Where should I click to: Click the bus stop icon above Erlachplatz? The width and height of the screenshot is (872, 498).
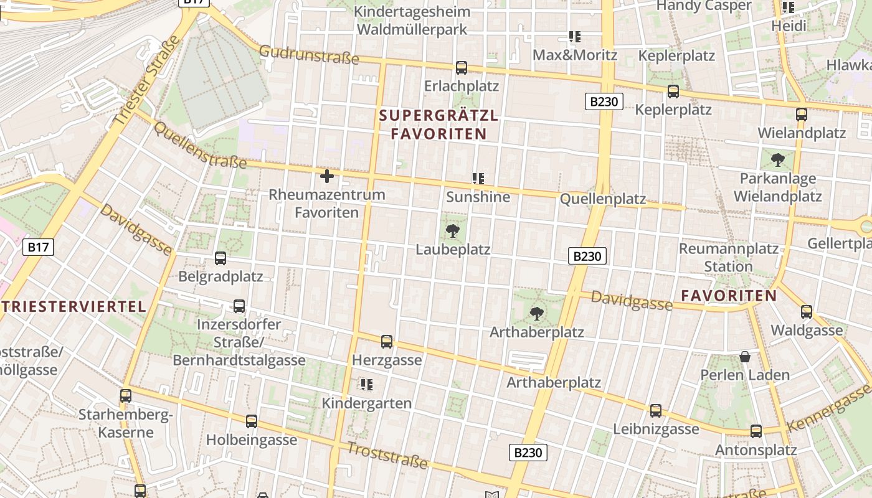coord(462,68)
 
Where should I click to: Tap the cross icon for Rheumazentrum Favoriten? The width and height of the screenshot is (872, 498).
coord(326,176)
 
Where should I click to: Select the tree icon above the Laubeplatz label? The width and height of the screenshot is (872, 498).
coord(453,232)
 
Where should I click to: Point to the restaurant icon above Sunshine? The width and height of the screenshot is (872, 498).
coord(478,179)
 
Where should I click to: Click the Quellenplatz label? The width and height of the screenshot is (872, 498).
coord(602,199)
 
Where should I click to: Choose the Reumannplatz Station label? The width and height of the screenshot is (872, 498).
coord(728,258)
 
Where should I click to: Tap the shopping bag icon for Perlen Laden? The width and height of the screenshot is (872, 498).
coord(744,357)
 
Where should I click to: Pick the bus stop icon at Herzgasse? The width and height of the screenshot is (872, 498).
coord(387,341)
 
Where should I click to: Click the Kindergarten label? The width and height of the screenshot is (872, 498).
coord(366,403)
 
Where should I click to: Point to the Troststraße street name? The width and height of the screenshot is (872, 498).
coord(387,456)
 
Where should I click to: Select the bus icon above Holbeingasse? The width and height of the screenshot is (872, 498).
coord(252,421)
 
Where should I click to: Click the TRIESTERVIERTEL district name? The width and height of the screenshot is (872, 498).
coord(73,306)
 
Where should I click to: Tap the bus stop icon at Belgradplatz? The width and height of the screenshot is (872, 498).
coord(220,258)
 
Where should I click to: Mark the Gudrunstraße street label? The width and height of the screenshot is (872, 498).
coord(309,55)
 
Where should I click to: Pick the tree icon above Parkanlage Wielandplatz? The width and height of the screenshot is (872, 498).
coord(777,160)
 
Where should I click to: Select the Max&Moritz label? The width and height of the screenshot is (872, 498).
coord(574,55)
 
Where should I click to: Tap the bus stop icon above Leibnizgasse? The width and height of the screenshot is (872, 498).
coord(656,411)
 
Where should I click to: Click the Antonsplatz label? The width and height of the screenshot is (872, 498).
coord(756,450)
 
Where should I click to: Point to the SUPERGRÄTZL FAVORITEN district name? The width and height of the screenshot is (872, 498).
coord(438,125)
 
